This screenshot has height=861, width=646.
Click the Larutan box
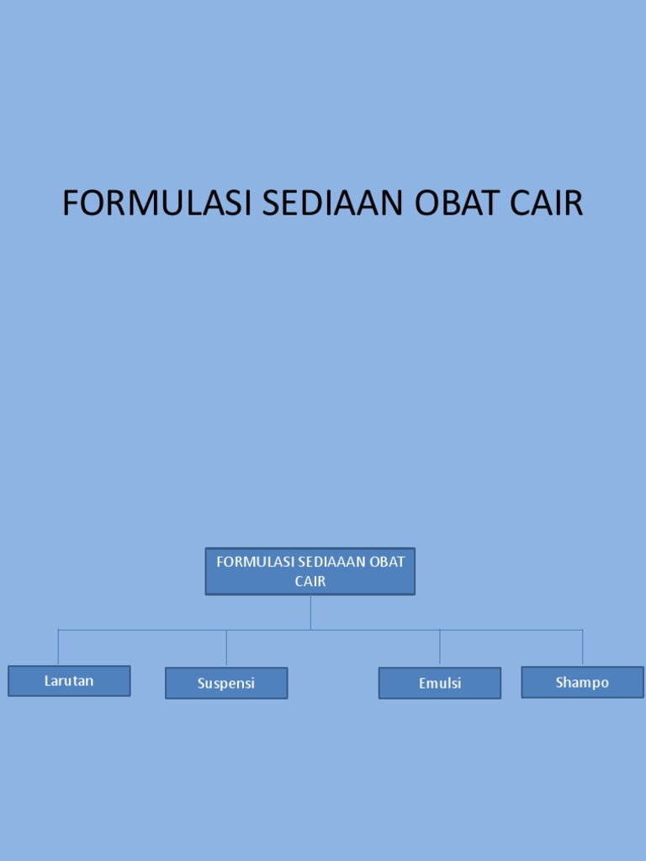click(69, 681)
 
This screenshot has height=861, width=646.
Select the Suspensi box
click(226, 683)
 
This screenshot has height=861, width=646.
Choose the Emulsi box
click(440, 683)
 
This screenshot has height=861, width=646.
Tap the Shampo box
click(582, 682)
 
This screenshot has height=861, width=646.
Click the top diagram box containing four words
click(310, 571)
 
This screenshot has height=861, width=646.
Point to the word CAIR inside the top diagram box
click(310, 581)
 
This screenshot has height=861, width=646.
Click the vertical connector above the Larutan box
click(58, 647)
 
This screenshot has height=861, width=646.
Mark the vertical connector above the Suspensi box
click(226, 648)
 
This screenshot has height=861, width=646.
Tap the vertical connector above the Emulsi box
click(440, 648)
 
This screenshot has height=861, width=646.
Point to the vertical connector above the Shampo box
click(582, 647)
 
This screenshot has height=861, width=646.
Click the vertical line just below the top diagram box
click(310, 612)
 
